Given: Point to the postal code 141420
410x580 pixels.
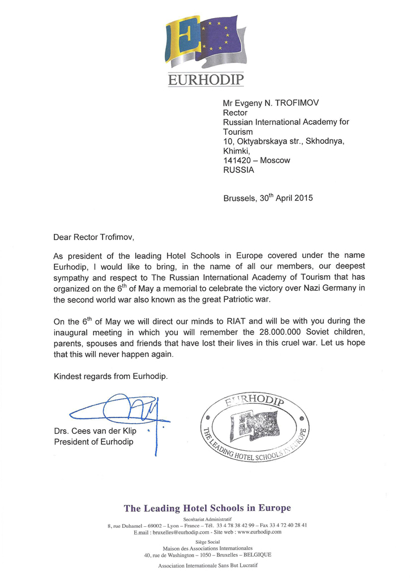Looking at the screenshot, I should click(240, 160).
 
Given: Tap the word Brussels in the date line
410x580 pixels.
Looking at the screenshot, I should click(242, 198).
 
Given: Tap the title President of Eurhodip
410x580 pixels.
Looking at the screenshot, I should click(93, 442).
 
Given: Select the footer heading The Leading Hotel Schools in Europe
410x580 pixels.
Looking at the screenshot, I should click(207, 508).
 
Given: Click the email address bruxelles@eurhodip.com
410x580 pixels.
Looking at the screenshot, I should click(177, 532).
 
